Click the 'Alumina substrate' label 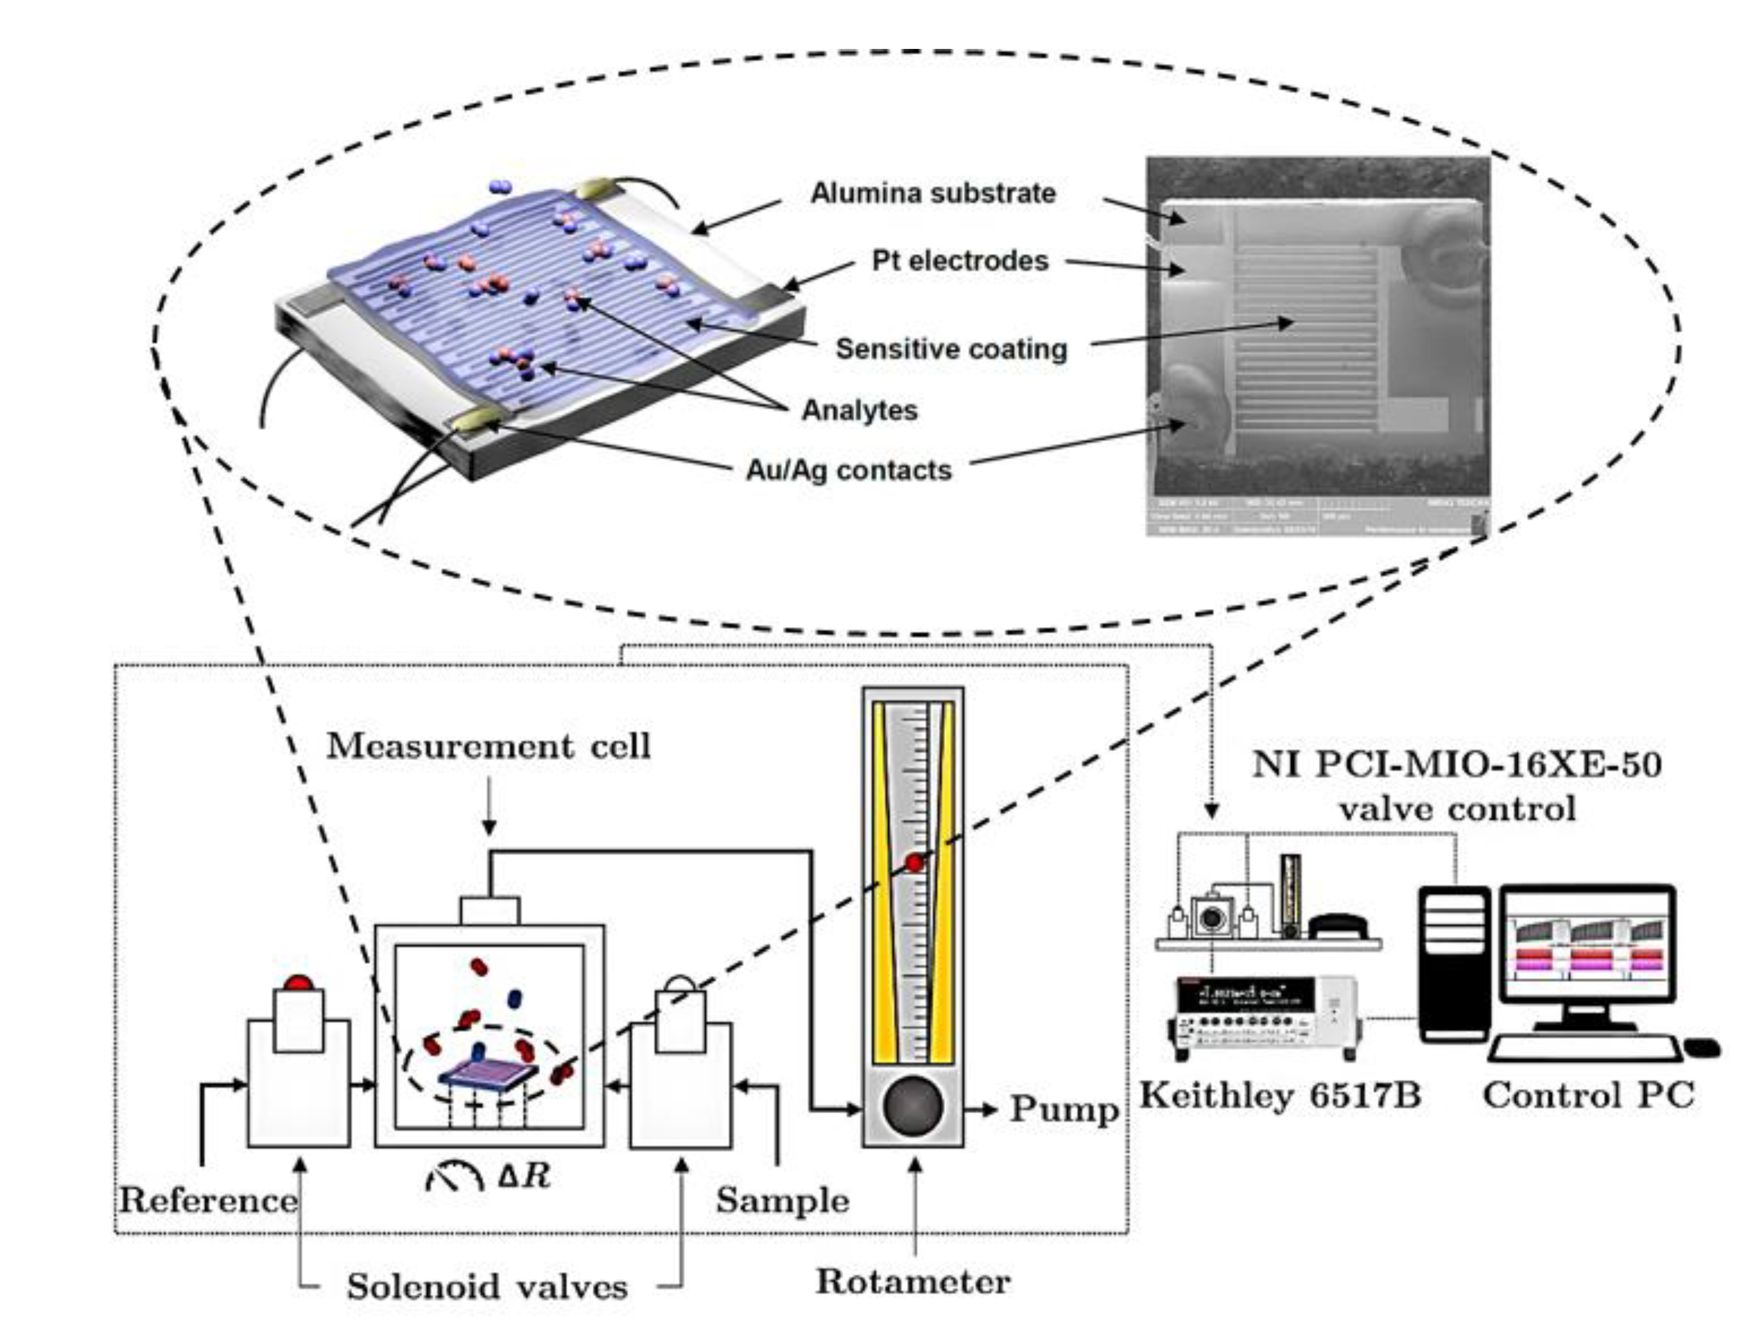tap(933, 193)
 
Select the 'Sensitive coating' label tap(951, 349)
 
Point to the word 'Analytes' tap(860, 411)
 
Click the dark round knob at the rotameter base tap(913, 1105)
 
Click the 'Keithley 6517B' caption tap(1280, 1095)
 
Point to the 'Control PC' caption tap(1588, 1095)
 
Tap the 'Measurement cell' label tap(489, 746)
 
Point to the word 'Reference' tap(208, 1200)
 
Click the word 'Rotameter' tap(913, 1281)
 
